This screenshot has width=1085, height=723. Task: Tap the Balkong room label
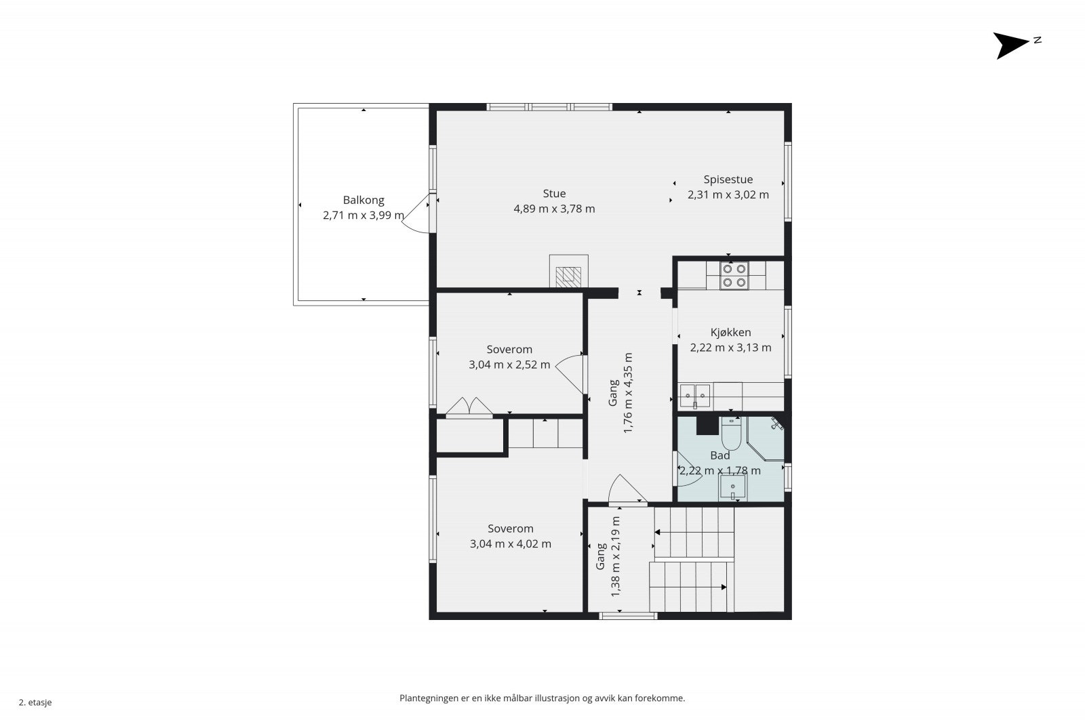coord(363,200)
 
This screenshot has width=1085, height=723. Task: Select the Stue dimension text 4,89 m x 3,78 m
coord(554,209)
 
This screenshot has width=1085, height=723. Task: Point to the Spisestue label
coord(728,180)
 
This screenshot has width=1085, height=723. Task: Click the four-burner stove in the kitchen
coord(734,276)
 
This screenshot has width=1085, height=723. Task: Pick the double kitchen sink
coord(694,396)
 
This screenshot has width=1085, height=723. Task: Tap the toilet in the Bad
coord(731,434)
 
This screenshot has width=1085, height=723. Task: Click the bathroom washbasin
coord(732,487)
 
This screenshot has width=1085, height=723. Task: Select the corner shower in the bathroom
coord(766,438)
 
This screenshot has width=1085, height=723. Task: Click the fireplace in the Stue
coord(568,271)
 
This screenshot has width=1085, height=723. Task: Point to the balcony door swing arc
coord(415,214)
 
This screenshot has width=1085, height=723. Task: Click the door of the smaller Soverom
coord(570,373)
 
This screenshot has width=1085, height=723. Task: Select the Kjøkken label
coord(730,333)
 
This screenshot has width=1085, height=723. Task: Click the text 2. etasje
coord(35,702)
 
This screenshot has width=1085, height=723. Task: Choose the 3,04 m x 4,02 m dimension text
coord(511,543)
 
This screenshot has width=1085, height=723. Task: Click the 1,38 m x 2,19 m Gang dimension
coord(615,556)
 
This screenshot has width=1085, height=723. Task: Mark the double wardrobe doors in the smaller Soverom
coord(469,407)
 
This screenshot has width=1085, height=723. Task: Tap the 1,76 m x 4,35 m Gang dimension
coord(628,393)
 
